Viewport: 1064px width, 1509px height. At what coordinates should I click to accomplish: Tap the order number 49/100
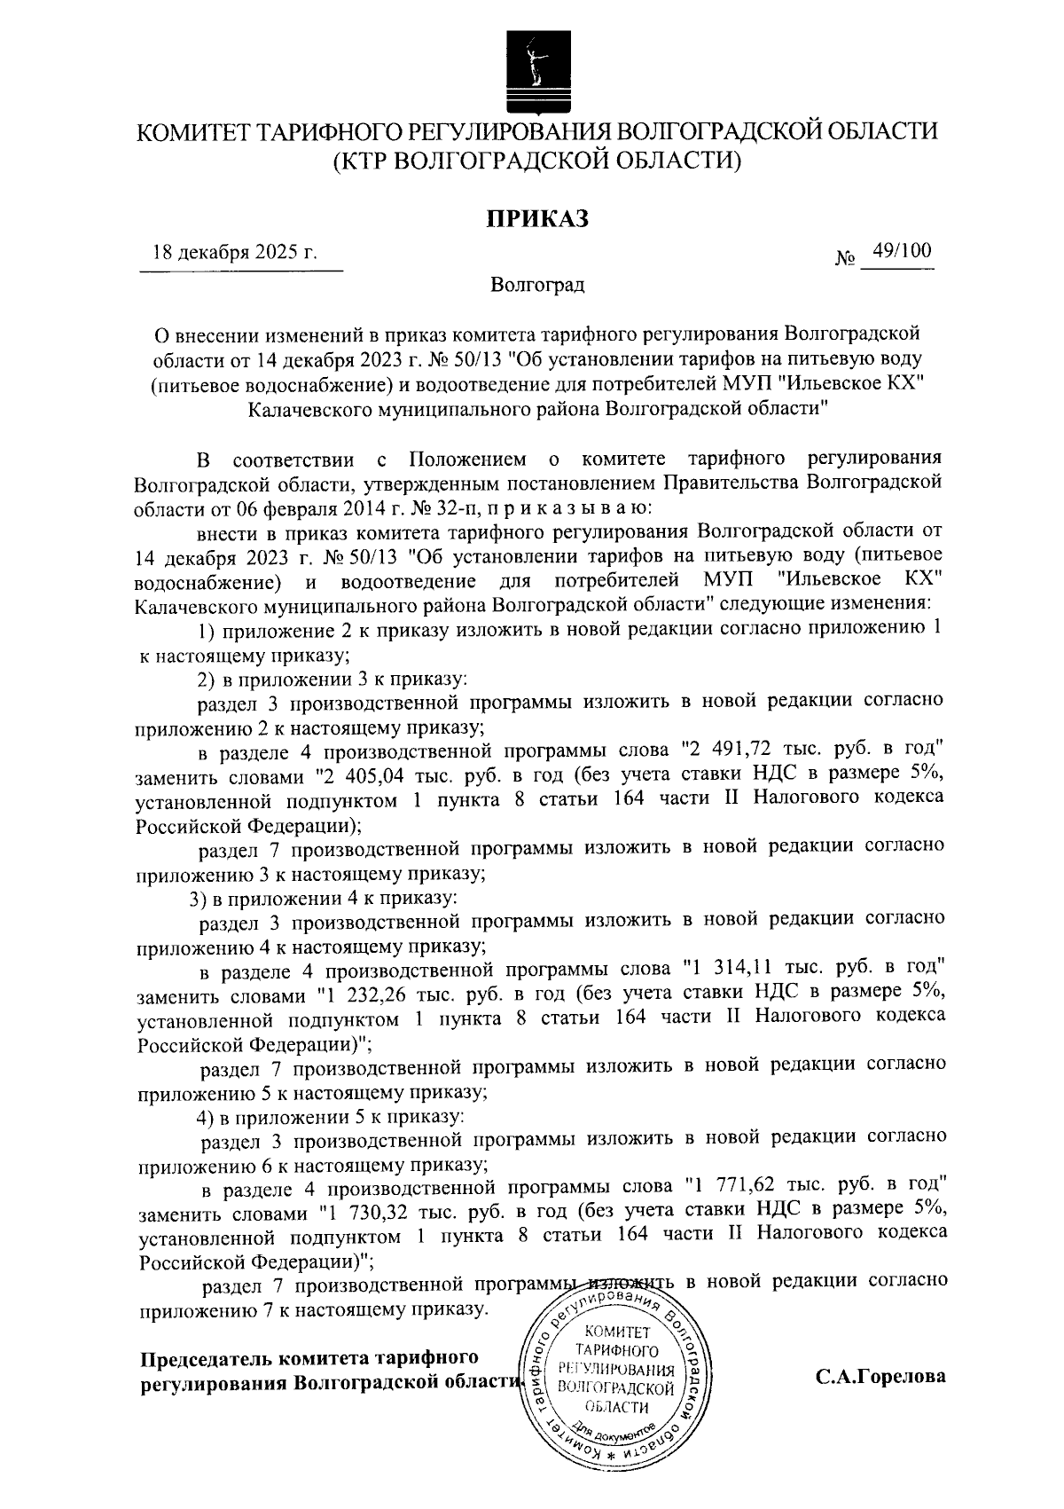click(x=902, y=251)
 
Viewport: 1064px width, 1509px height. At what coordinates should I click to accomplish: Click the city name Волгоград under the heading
click(x=537, y=286)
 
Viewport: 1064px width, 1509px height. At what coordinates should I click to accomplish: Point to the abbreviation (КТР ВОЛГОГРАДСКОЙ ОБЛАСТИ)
click(x=536, y=161)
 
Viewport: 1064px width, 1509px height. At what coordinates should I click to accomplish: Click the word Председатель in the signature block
click(x=205, y=1358)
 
